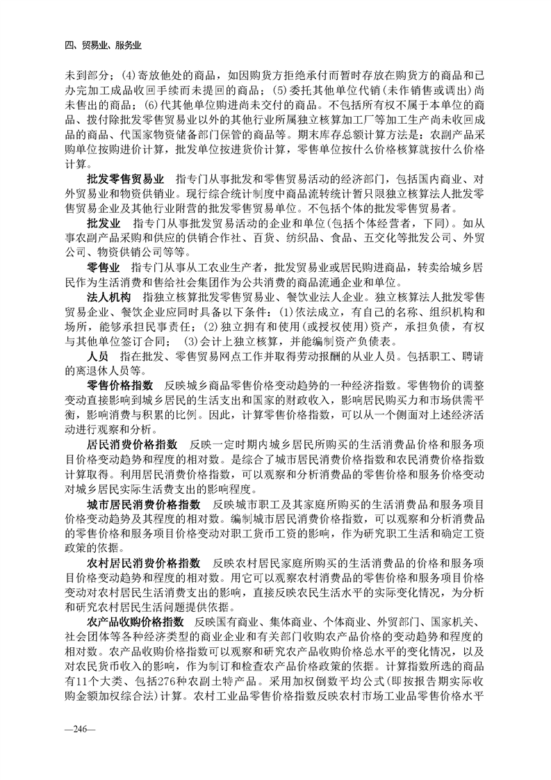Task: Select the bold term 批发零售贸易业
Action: (126, 179)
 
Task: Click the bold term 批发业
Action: (101, 225)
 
